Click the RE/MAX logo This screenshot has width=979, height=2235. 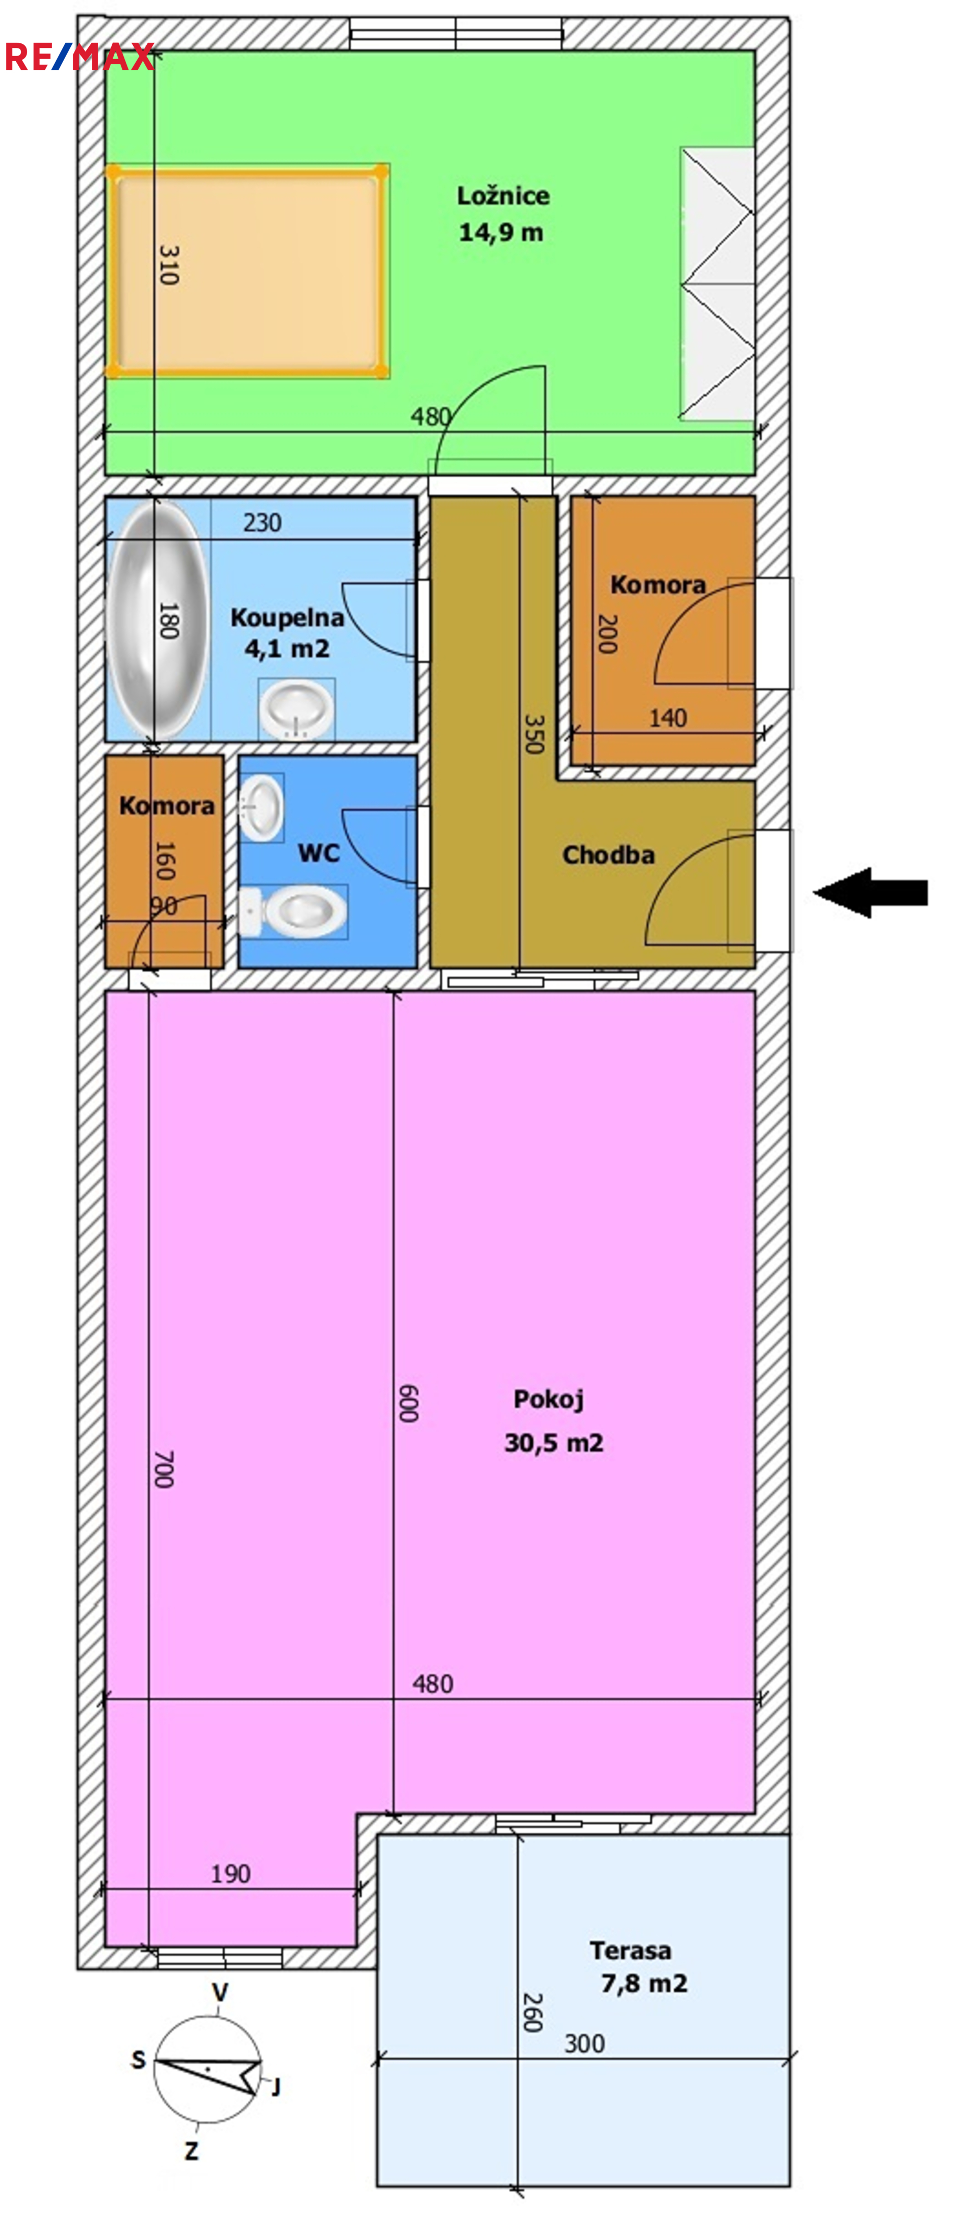(x=80, y=57)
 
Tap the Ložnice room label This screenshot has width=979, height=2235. (x=503, y=196)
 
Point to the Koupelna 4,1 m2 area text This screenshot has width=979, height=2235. (x=287, y=648)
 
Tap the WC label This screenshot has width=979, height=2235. (x=319, y=853)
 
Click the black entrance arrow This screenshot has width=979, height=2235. (x=870, y=892)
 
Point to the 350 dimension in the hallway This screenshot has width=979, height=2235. (x=535, y=734)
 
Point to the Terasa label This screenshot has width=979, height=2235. (x=630, y=1951)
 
